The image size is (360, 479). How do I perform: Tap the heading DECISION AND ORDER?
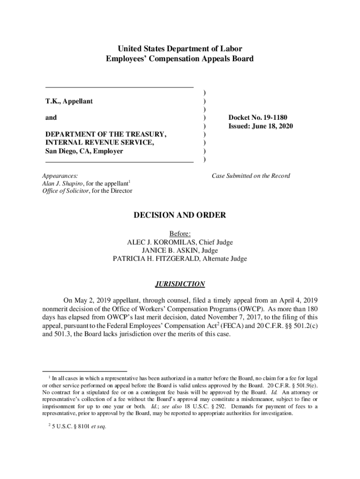coord(180,215)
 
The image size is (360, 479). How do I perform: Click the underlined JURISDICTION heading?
coord(180,284)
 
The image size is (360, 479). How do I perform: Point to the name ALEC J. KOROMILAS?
coord(161,242)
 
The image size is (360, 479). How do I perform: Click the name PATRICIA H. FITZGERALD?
coord(160,259)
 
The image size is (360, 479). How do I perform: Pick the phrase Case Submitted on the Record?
coord(251,176)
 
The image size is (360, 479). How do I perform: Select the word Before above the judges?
coord(180,234)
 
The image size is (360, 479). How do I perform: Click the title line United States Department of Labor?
coord(180,49)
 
